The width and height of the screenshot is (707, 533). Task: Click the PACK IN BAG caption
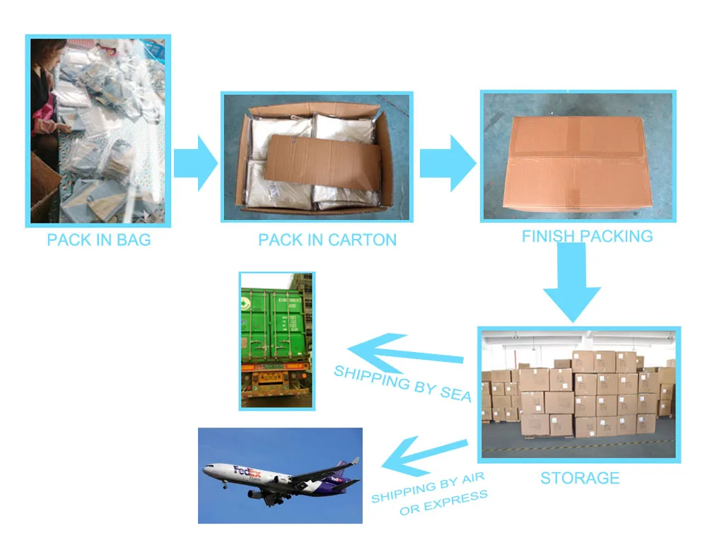99,240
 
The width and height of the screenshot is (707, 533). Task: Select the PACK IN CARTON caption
327,240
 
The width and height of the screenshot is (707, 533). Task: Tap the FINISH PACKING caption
587,236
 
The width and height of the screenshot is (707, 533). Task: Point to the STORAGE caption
580,479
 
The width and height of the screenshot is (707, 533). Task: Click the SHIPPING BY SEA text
402,382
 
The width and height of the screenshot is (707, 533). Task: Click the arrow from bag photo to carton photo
197,162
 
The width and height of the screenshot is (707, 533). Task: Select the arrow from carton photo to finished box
448,162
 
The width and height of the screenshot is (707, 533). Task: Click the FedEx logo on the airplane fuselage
247,471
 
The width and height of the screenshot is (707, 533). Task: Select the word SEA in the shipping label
455,393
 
